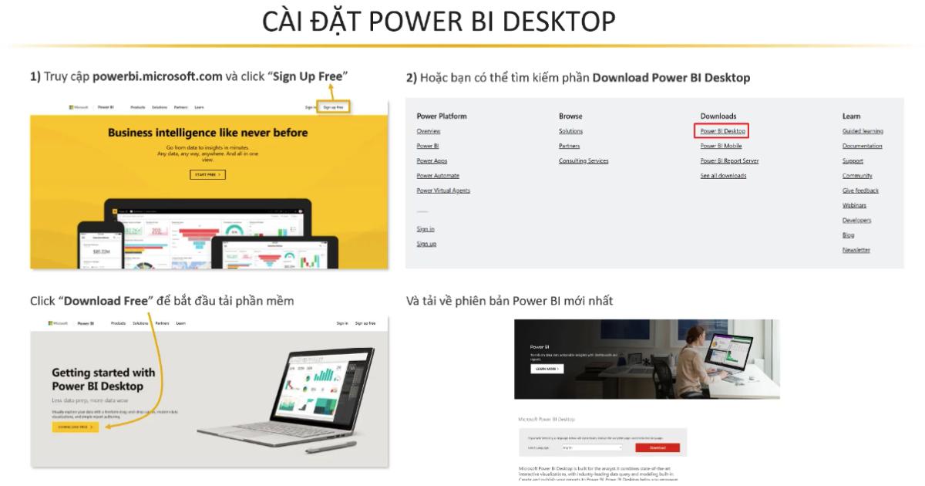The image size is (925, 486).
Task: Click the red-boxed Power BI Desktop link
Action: click(722, 131)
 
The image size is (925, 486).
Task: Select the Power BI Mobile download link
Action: click(721, 146)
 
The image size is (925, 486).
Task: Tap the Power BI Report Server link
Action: click(729, 161)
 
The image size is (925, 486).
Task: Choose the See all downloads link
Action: click(723, 176)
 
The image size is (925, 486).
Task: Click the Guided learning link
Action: click(863, 131)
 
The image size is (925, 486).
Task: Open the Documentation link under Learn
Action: click(862, 146)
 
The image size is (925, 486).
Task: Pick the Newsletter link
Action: click(856, 250)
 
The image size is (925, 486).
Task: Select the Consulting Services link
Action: click(584, 161)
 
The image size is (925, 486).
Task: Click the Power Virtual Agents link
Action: click(443, 191)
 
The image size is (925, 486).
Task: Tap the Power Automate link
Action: click(438, 176)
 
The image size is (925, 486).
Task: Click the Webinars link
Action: click(854, 205)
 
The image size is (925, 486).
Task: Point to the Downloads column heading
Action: click(718, 116)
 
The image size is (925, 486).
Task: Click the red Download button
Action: click(658, 447)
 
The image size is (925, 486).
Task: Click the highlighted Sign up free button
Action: click(334, 107)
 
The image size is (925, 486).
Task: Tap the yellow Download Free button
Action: click(76, 426)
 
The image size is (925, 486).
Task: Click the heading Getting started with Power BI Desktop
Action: click(103, 379)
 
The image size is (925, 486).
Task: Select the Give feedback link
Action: click(860, 191)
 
